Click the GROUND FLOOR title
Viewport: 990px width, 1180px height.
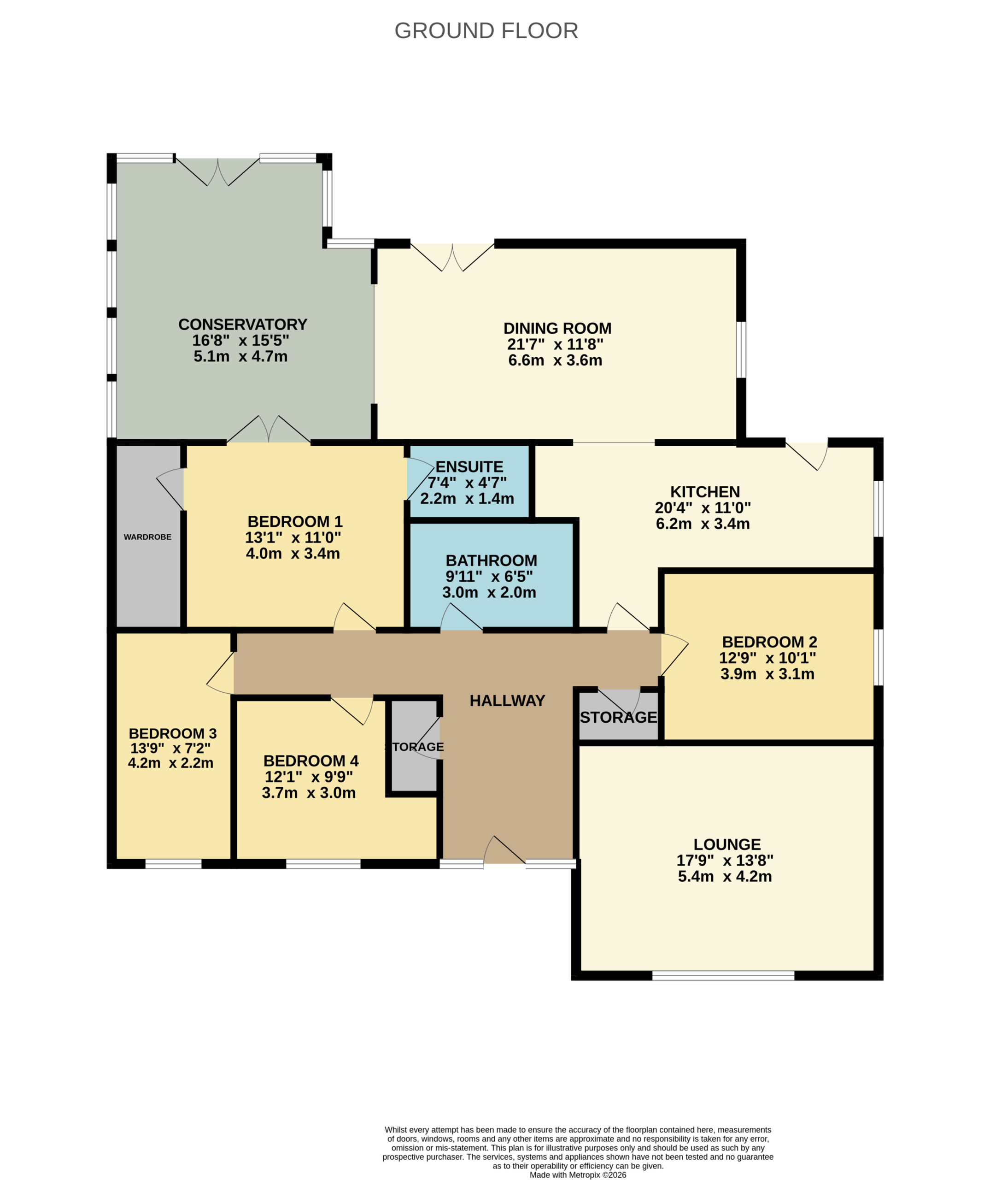tap(486, 31)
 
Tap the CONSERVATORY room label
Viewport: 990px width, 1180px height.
tap(243, 325)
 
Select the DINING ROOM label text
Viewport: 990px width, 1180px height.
tap(557, 329)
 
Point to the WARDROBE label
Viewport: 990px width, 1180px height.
tap(148, 537)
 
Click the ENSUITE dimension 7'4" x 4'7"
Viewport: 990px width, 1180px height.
tap(467, 483)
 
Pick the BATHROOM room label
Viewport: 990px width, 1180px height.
tap(492, 561)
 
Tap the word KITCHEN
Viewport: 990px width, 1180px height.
tap(705, 492)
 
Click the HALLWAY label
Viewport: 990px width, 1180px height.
tap(508, 701)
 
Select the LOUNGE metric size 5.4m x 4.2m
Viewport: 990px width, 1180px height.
tap(725, 877)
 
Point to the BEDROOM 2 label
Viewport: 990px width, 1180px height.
tap(769, 642)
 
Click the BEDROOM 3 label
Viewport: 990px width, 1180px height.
tap(172, 734)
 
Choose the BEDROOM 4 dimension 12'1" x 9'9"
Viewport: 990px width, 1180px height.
tap(309, 777)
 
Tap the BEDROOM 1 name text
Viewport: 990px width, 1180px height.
tap(295, 522)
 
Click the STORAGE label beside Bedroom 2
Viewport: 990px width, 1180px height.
tap(618, 718)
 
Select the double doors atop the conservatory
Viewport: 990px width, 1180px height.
tap(218, 172)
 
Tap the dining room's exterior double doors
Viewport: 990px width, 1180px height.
tap(452, 257)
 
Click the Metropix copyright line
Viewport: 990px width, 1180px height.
tap(578, 1175)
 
